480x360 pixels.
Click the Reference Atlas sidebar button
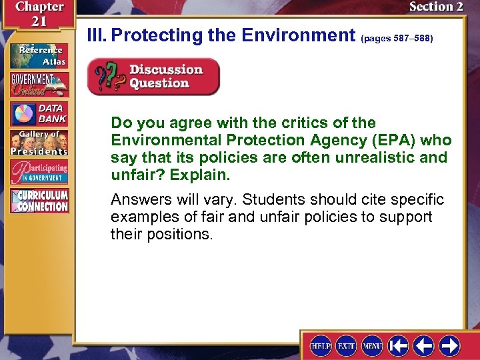pyautogui.click(x=39, y=55)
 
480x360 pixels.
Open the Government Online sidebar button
pyautogui.click(x=39, y=84)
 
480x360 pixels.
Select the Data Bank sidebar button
pyautogui.click(x=39, y=114)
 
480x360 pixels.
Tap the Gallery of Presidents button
pyautogui.click(x=39, y=143)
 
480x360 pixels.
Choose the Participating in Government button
pyautogui.click(x=39, y=172)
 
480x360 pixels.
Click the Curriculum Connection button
pyautogui.click(x=39, y=201)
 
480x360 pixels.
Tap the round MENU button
pyautogui.click(x=372, y=345)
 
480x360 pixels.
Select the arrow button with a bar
pyautogui.click(x=399, y=345)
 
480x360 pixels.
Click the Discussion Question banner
pyautogui.click(x=153, y=76)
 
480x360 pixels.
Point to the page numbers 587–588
pyautogui.click(x=397, y=39)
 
